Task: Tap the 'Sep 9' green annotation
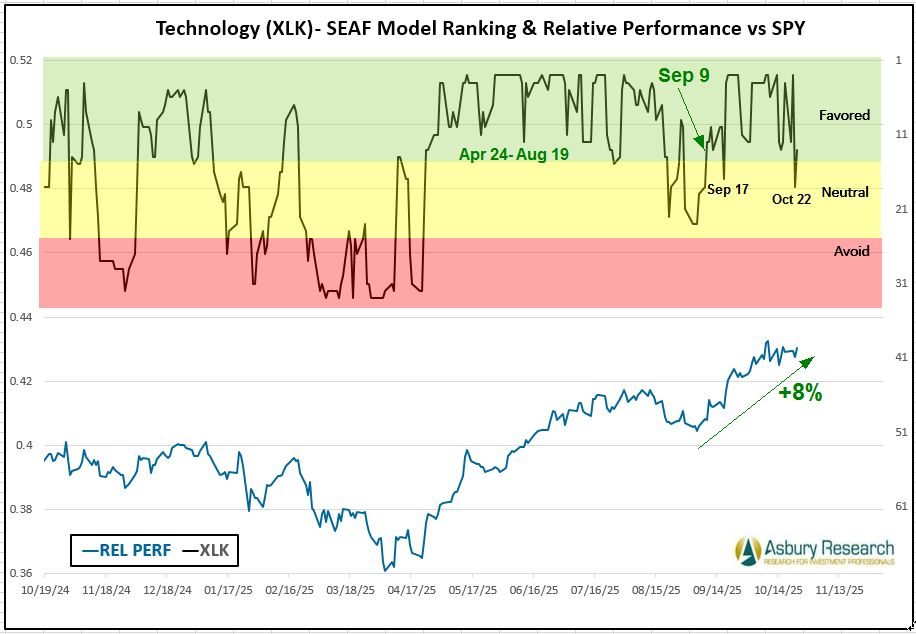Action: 683,75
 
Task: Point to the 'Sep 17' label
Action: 727,189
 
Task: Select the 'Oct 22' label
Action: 791,199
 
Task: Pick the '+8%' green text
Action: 800,393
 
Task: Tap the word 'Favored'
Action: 844,115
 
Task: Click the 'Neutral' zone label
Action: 845,192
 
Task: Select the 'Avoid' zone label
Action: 851,251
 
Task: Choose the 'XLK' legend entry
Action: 207,549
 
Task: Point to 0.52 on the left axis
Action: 21,60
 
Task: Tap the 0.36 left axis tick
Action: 21,574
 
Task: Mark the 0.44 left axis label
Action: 21,317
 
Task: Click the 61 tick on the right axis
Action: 900,506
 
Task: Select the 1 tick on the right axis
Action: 899,60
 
